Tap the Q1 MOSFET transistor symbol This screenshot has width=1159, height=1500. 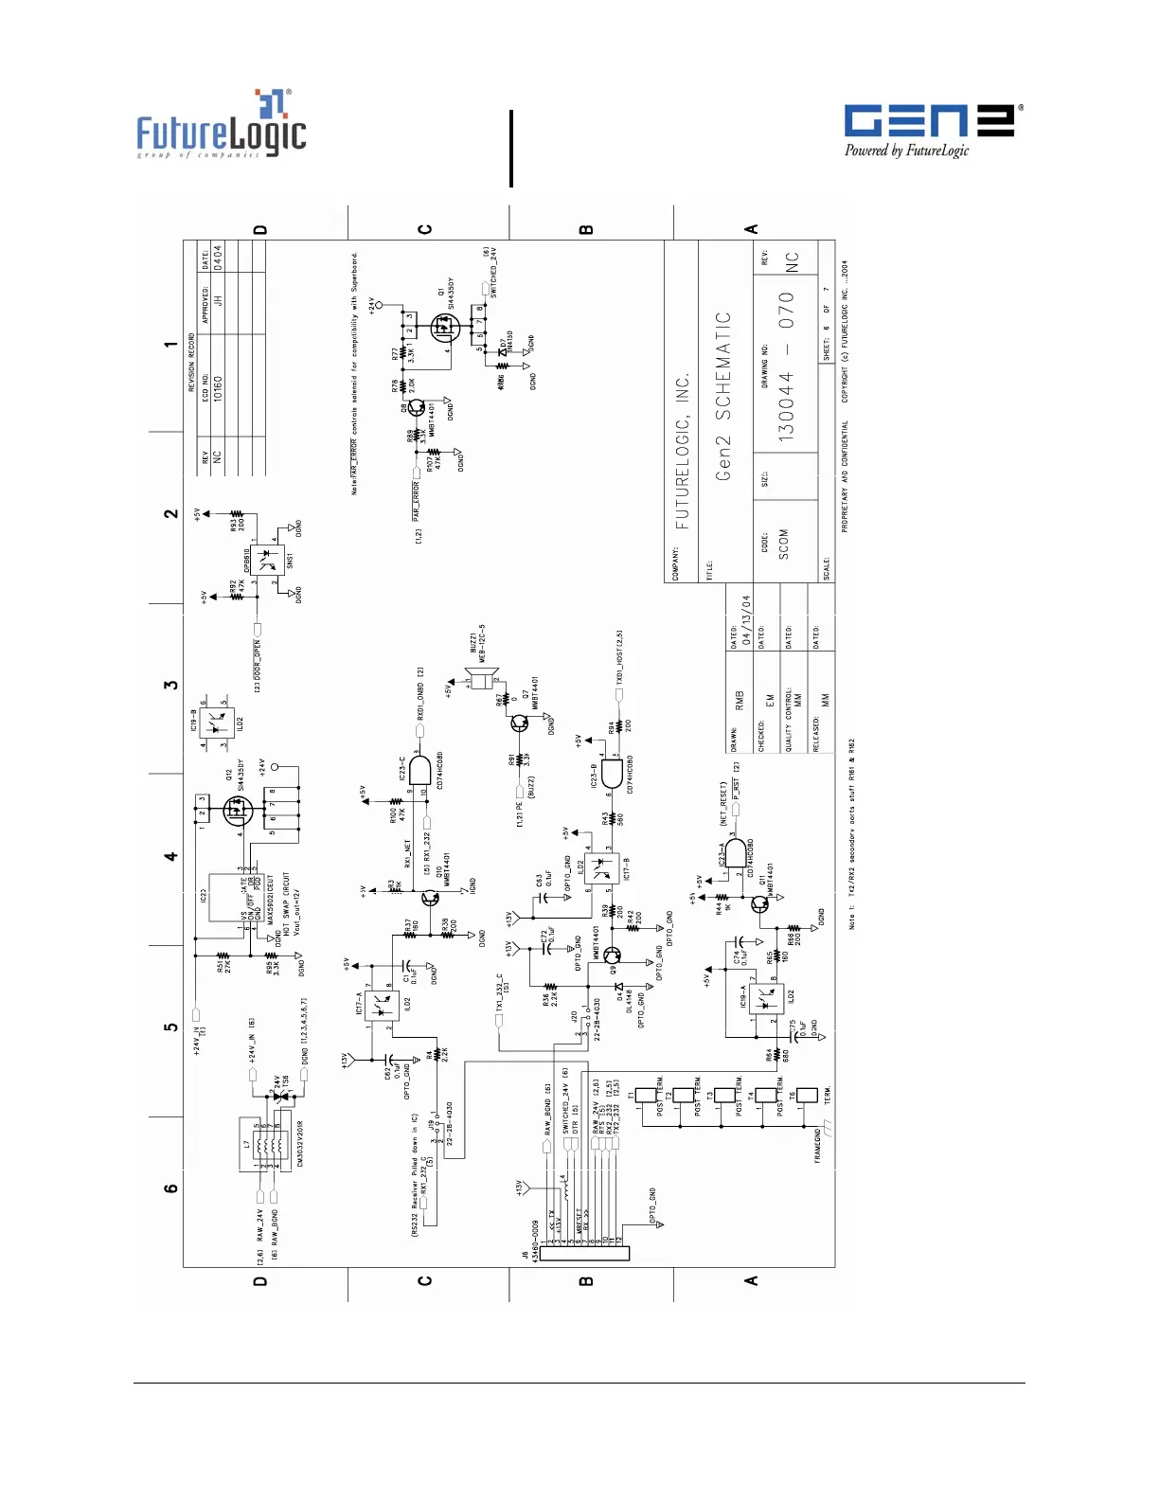(x=443, y=329)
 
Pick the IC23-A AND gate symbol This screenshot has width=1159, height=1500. (x=735, y=853)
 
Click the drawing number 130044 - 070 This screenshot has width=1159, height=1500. (x=787, y=366)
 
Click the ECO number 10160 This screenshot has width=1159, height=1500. (x=218, y=388)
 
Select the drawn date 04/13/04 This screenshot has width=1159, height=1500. (x=746, y=620)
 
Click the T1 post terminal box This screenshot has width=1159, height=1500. (x=648, y=1097)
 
